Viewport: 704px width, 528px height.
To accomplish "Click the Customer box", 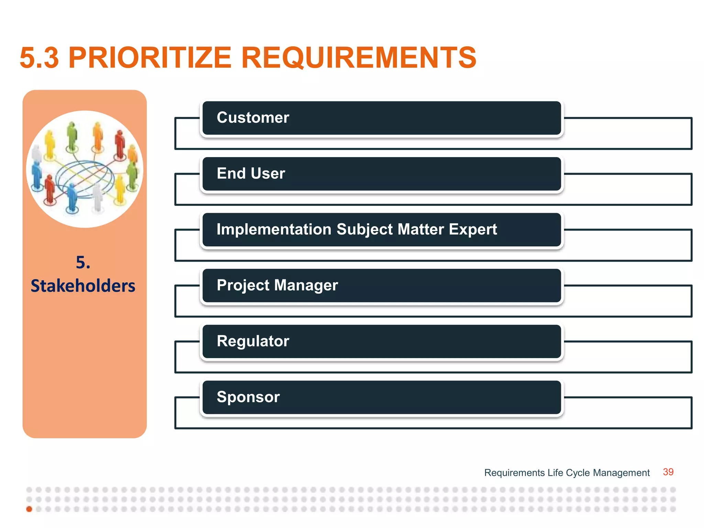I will tap(382, 118).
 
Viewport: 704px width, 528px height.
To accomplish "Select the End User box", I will tap(382, 174).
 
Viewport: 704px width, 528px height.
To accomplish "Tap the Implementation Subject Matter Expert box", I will tap(382, 230).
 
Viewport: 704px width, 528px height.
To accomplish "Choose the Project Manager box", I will tap(382, 286).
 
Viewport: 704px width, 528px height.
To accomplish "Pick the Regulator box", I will tap(382, 341).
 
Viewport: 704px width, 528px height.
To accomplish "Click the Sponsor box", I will tap(382, 397).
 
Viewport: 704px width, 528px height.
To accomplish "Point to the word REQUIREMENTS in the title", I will tap(359, 58).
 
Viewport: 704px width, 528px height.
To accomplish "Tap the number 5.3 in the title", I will tap(39, 58).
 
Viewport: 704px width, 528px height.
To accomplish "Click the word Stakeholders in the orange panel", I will tap(83, 286).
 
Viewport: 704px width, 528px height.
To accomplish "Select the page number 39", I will tap(668, 472).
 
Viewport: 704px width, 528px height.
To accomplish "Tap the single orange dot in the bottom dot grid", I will tap(29, 509).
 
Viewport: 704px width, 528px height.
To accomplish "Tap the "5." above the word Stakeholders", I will tap(83, 263).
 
